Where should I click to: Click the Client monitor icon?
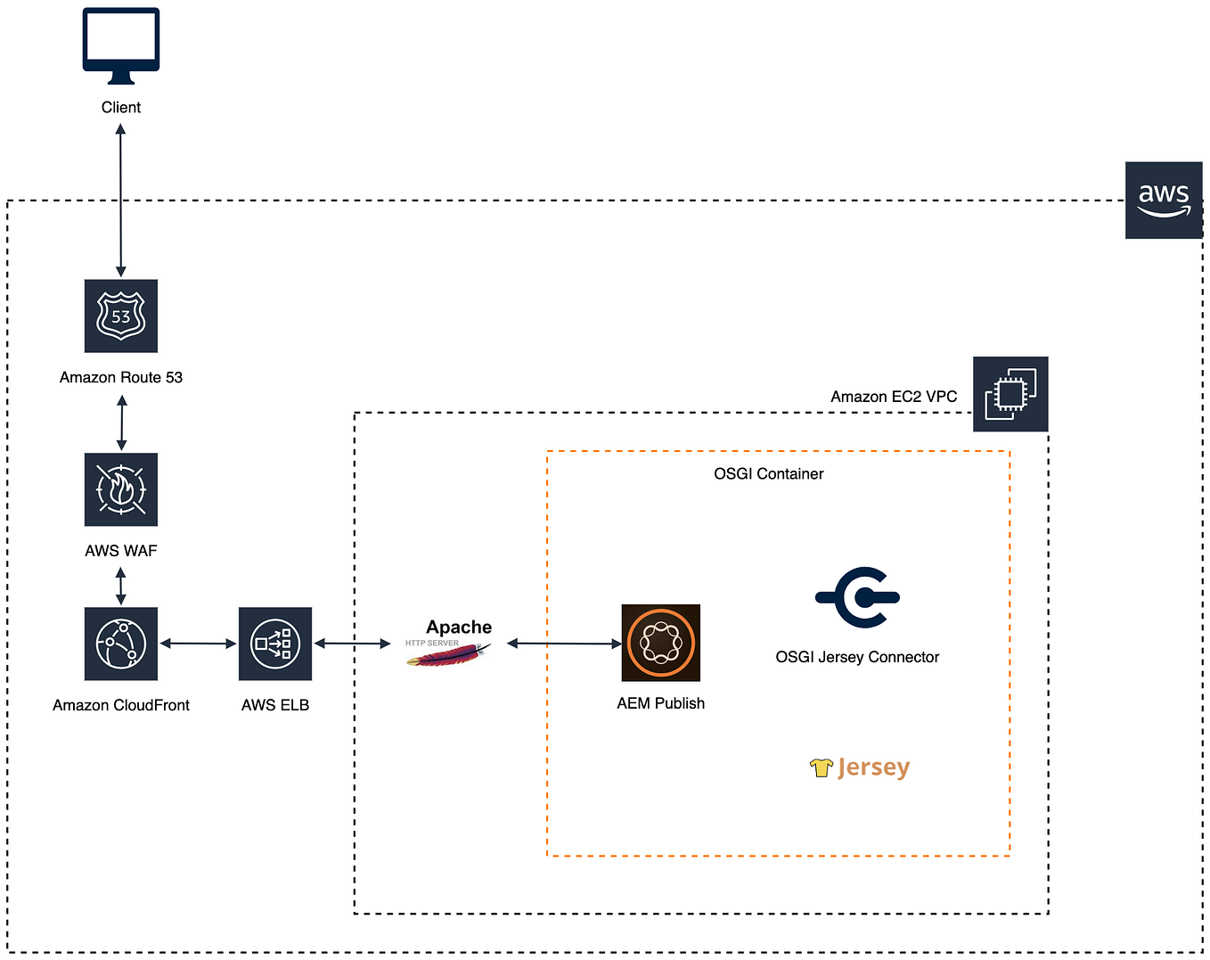point(121,45)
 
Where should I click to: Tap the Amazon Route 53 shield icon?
point(121,316)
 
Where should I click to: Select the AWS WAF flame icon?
point(121,489)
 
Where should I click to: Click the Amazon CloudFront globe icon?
point(121,644)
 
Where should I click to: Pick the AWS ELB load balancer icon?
point(275,644)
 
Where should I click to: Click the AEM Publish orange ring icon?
point(660,643)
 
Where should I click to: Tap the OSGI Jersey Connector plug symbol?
point(857,597)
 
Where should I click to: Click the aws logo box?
point(1164,201)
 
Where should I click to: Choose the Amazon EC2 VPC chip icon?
point(1010,394)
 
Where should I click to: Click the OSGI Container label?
point(768,474)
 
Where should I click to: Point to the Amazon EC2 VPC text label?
point(894,397)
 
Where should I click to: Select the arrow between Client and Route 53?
point(120,201)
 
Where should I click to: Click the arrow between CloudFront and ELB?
point(198,643)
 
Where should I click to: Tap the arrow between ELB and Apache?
point(352,643)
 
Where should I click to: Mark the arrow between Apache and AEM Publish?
point(564,643)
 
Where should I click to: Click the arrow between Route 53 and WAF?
point(122,423)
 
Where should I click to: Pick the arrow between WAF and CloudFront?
point(121,586)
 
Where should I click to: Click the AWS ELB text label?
point(275,705)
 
